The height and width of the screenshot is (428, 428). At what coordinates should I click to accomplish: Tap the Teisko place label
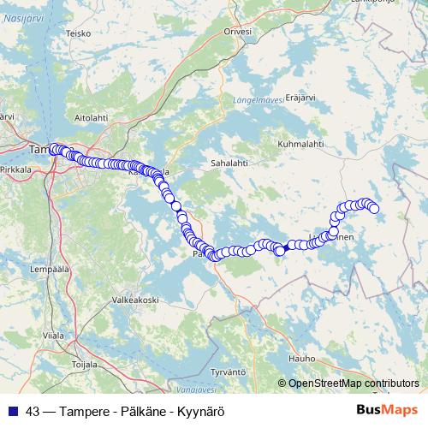pos(79,33)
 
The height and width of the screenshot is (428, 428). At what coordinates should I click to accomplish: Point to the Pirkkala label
pos(17,170)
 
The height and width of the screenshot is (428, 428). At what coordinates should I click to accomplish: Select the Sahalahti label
pos(229,160)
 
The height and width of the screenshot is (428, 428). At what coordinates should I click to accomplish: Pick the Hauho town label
pos(302,358)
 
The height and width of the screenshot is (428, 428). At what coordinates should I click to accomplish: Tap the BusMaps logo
pos(387,410)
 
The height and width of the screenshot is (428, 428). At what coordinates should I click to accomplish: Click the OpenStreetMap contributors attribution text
pos(354,383)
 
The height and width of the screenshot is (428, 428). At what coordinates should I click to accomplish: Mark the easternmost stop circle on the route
pos(373,208)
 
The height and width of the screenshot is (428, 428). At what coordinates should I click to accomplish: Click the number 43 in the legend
pos(33,410)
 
